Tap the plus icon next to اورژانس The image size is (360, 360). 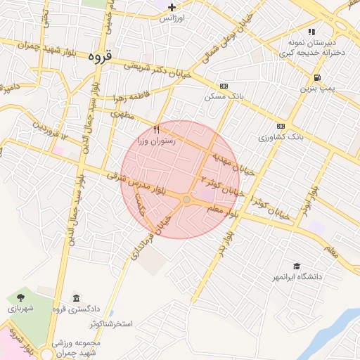172,7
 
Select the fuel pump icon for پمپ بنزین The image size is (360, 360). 318,77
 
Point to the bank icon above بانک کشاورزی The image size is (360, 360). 281,126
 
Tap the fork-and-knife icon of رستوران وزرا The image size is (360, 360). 157,129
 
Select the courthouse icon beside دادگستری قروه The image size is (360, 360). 76,298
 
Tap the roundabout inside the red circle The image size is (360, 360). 186,200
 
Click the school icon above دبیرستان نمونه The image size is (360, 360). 311,32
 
